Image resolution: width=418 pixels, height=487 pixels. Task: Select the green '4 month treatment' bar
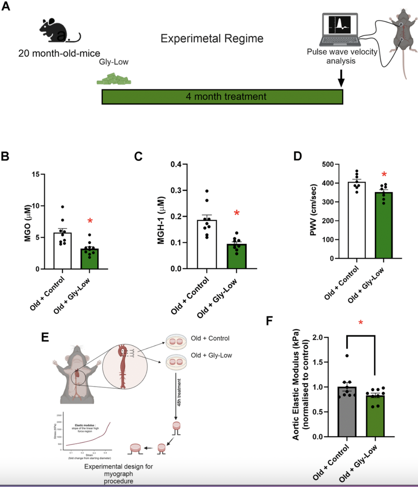(x=222, y=97)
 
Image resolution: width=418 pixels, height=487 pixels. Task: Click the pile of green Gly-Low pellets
(x=114, y=79)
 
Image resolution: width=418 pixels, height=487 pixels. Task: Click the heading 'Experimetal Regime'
(x=212, y=38)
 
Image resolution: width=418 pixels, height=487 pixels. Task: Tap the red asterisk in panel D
(x=384, y=175)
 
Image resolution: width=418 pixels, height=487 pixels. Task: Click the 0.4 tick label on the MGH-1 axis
(x=176, y=164)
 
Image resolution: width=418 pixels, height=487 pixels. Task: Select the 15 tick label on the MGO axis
(x=36, y=175)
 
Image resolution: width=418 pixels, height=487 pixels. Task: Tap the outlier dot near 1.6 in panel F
(x=347, y=356)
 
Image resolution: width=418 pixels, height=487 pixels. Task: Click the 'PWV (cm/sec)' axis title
(x=313, y=210)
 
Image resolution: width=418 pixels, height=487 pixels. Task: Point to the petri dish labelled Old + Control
(x=176, y=340)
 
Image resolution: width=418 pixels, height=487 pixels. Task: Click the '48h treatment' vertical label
(x=179, y=392)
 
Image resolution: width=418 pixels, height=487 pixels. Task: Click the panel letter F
(x=269, y=321)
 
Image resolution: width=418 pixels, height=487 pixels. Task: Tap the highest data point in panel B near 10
(x=62, y=207)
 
